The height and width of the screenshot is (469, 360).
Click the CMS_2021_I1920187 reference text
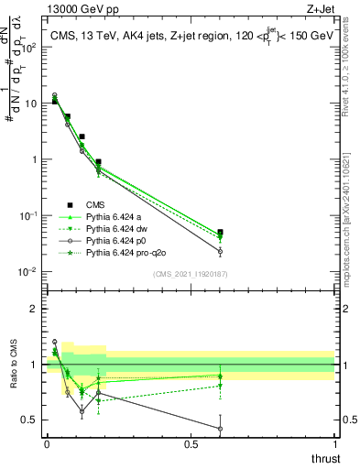(190, 274)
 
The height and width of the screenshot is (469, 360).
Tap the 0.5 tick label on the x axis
(191, 443)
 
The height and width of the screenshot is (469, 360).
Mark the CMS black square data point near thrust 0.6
(220, 233)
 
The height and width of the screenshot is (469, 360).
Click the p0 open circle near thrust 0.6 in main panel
(220, 251)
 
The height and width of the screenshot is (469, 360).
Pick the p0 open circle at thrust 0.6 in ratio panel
(220, 428)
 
